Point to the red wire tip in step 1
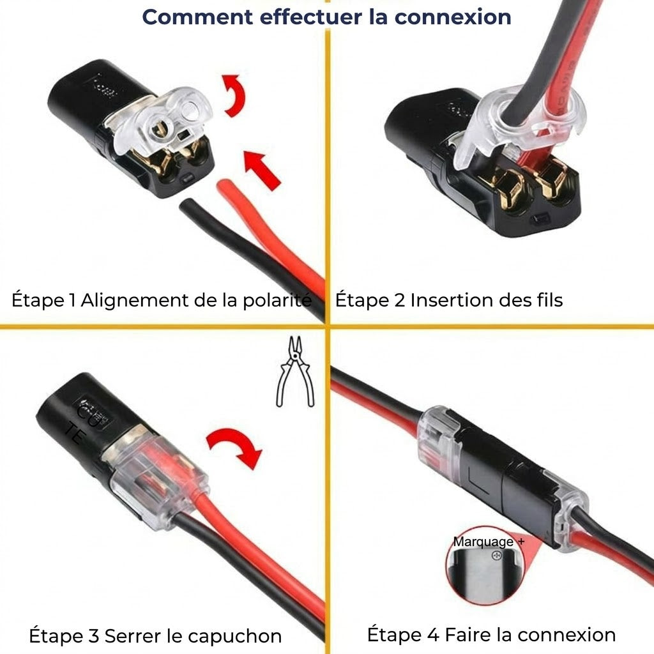[225, 188]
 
